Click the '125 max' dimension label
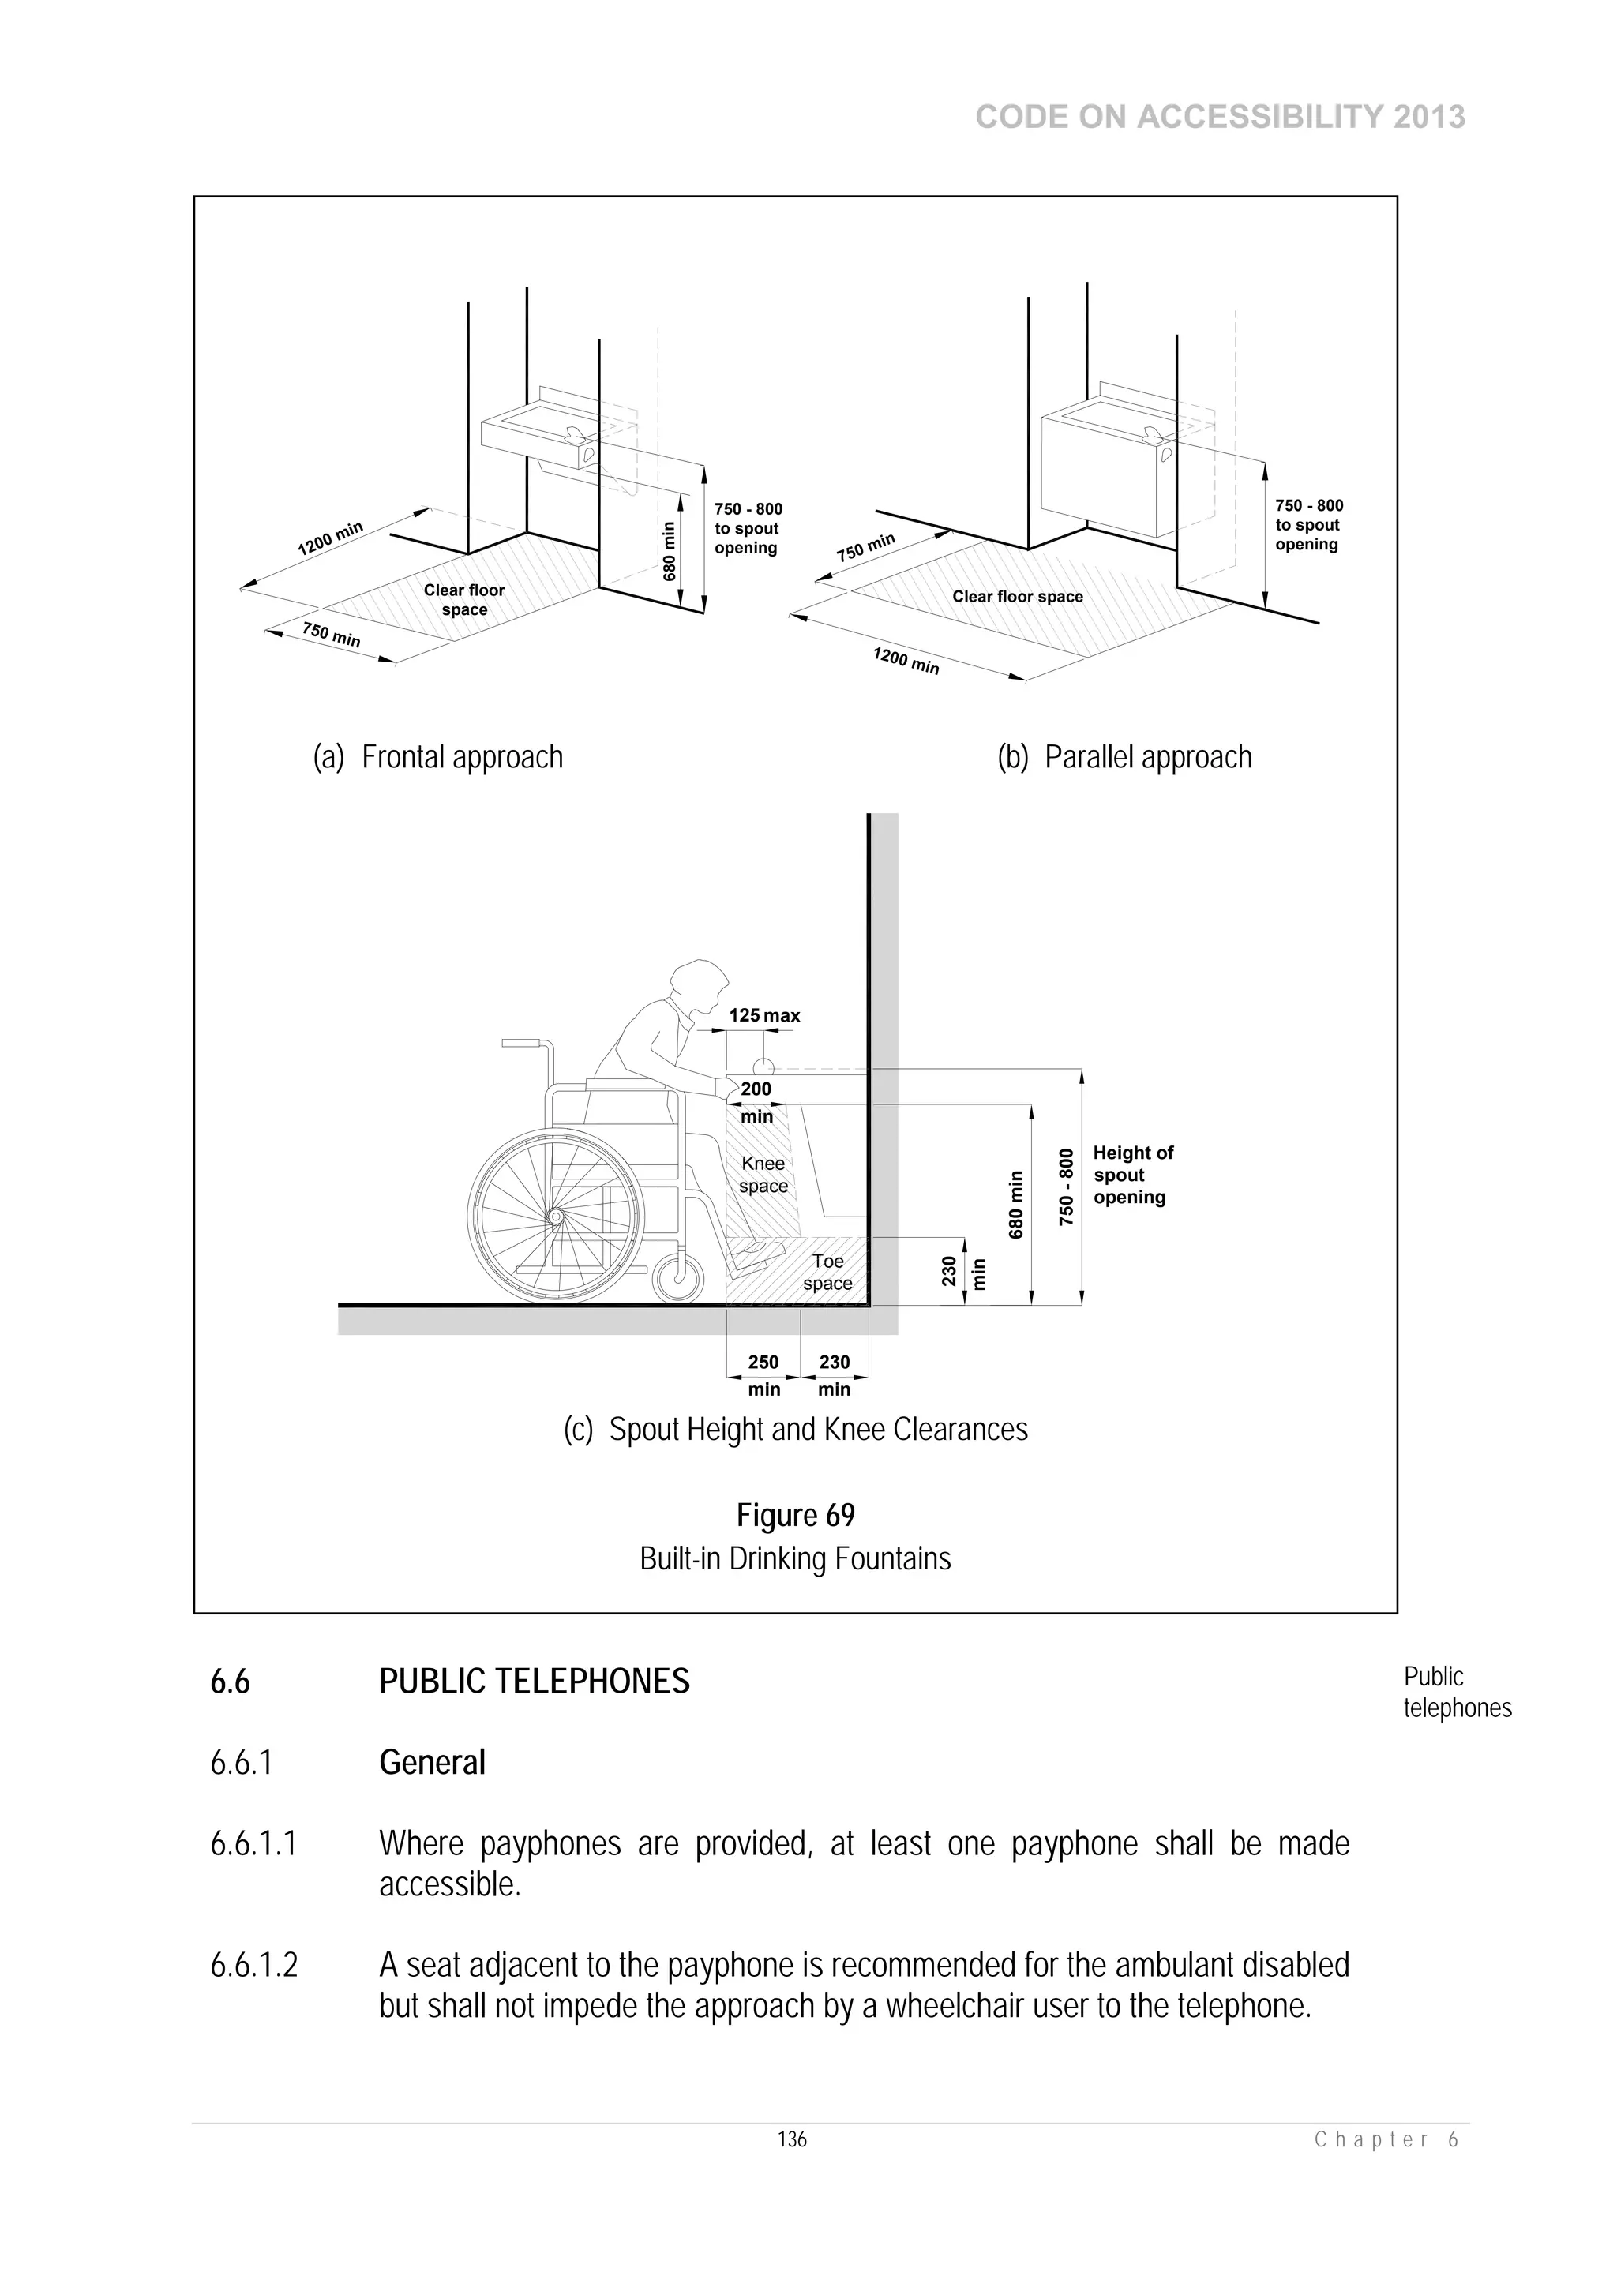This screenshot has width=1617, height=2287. pyautogui.click(x=764, y=1016)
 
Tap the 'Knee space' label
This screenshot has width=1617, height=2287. pyautogui.click(x=763, y=1175)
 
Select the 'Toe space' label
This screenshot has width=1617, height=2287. pyautogui.click(x=828, y=1272)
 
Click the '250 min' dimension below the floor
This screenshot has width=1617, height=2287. pyautogui.click(x=763, y=1374)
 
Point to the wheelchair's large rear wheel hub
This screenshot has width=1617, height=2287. pyautogui.click(x=555, y=1217)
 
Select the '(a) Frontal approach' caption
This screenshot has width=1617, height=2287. pyautogui.click(x=438, y=757)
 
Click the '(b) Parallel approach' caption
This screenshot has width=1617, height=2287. pyautogui.click(x=1124, y=757)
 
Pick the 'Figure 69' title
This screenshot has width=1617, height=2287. pyautogui.click(x=795, y=1515)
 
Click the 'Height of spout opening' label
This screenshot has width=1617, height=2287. pyautogui.click(x=1133, y=1175)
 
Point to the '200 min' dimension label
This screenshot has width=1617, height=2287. pyautogui.click(x=756, y=1103)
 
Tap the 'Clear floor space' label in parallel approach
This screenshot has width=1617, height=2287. pyautogui.click(x=1017, y=597)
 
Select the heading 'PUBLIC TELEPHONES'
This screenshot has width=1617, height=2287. pyautogui.click(x=534, y=1682)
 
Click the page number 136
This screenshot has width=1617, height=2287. pyautogui.click(x=792, y=2139)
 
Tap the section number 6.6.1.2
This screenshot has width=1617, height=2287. pyautogui.click(x=254, y=1964)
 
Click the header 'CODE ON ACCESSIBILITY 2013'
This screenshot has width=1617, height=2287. pyautogui.click(x=1220, y=118)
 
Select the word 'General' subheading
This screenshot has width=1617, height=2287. pyautogui.click(x=433, y=1763)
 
